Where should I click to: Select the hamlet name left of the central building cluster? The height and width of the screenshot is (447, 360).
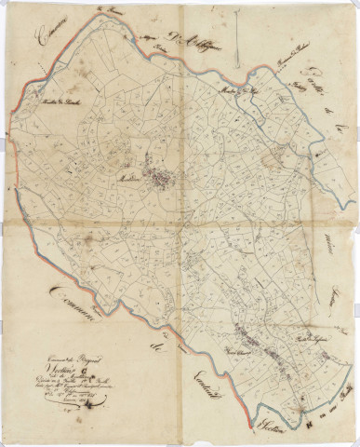pos(128,174)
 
